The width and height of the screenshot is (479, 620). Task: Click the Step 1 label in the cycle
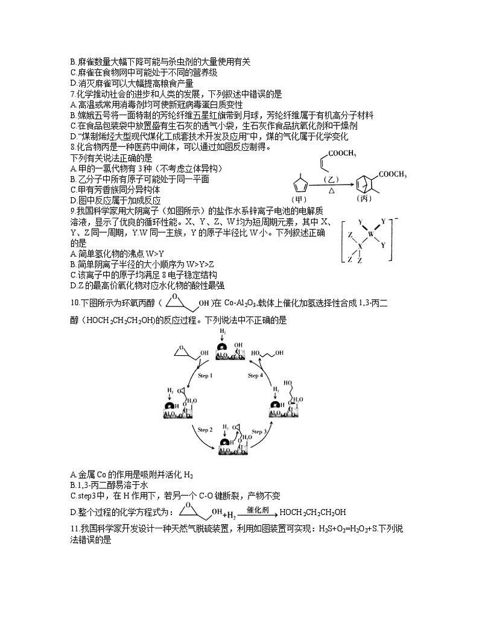(206, 375)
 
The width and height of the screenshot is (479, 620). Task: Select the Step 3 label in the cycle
(259, 431)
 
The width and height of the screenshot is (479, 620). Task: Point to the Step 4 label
(256, 376)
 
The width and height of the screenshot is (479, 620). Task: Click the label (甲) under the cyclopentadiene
(299, 199)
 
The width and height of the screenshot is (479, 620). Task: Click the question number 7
(72, 94)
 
